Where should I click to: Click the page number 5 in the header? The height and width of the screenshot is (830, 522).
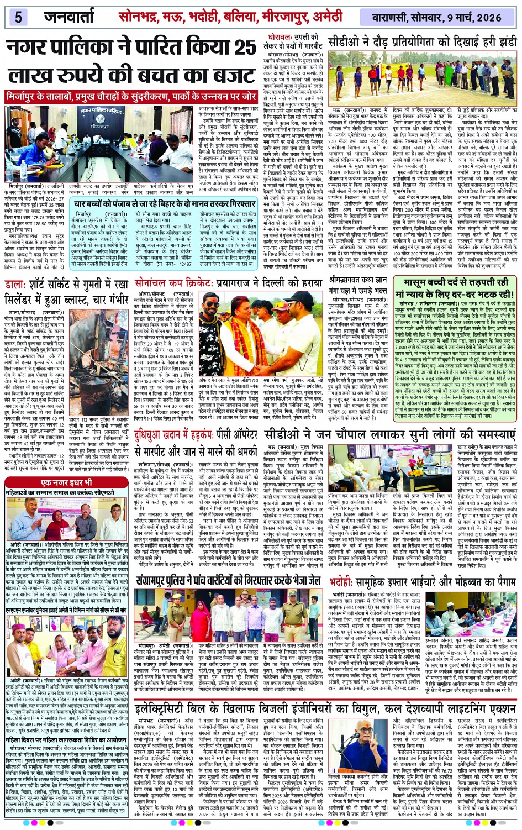18,17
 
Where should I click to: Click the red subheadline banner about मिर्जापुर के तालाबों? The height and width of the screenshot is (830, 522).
131,96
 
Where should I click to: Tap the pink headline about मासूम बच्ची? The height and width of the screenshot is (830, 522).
452,288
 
